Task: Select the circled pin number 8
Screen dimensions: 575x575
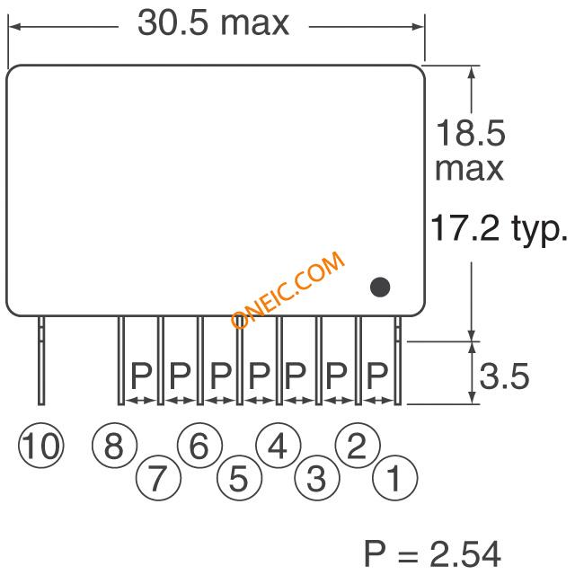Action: click(x=113, y=447)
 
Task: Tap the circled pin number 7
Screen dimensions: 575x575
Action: click(x=157, y=478)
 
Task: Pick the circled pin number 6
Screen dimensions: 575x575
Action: click(x=199, y=447)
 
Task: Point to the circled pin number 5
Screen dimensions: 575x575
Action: click(x=238, y=478)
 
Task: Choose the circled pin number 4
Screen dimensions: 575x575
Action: click(x=278, y=447)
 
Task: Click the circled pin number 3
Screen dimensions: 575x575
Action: click(x=316, y=478)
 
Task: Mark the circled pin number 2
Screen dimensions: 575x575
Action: click(x=357, y=447)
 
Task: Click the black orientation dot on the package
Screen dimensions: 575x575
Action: click(x=381, y=287)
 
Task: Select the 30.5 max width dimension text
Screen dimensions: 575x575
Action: click(x=213, y=23)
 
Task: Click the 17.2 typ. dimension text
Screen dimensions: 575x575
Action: click(x=500, y=229)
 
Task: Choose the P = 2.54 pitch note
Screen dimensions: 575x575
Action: click(x=431, y=551)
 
